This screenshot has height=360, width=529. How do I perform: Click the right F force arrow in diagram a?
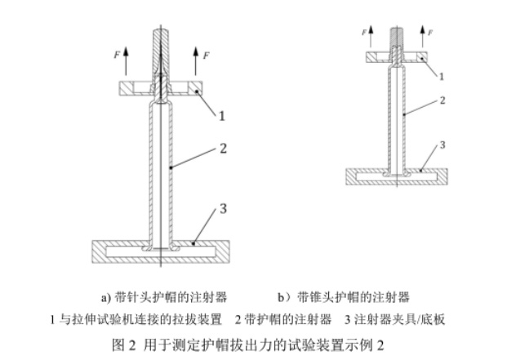coord(195,61)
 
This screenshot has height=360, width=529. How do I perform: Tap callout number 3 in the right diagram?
coord(442,145)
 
